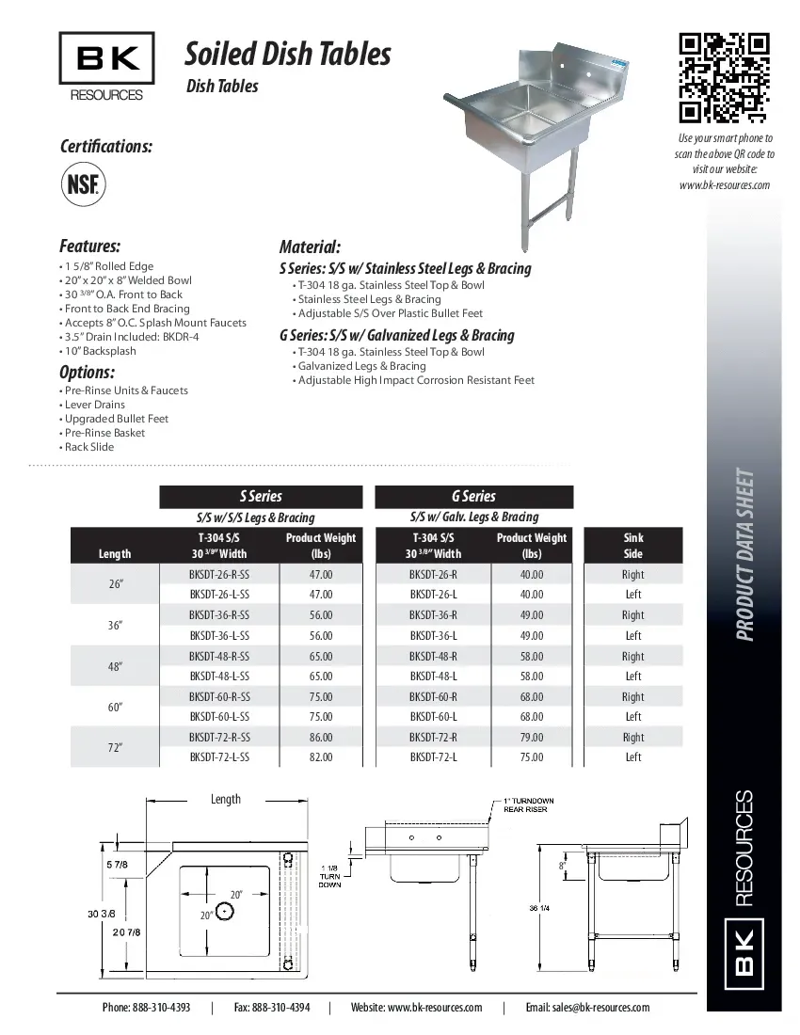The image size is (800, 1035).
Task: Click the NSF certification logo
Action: coord(83,183)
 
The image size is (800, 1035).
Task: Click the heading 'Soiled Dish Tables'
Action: coord(287,55)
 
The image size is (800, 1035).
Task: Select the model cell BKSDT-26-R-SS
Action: coord(219,574)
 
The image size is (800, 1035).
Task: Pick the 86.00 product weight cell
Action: coord(321,737)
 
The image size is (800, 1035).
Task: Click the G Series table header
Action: coord(473,496)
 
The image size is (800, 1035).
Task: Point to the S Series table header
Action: coord(261,496)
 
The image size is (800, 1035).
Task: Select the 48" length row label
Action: coord(116,666)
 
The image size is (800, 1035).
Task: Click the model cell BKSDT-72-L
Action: coord(433,756)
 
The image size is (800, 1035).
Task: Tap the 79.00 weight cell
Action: coord(532,737)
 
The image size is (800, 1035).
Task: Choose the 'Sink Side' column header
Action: coord(633,546)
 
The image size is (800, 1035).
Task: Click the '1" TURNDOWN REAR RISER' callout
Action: coord(528,804)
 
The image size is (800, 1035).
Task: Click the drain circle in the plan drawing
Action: coord(224,910)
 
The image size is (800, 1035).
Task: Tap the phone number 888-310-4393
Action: coord(146,1007)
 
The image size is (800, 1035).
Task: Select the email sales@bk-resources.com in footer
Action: coord(587,1007)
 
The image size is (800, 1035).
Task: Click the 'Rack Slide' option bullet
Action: coord(89,447)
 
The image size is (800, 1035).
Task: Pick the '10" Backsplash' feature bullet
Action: coord(100,351)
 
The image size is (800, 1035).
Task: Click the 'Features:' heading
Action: coord(89,247)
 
